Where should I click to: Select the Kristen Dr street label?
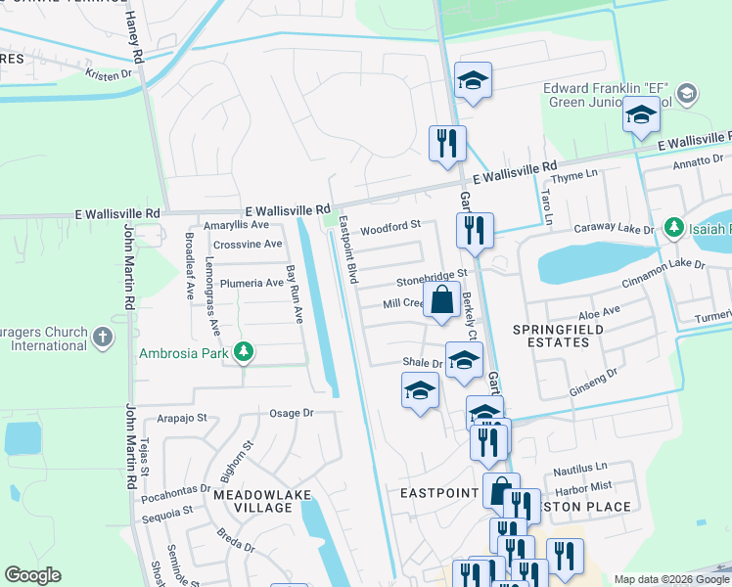coord(108,74)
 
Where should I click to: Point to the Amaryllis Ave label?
coord(235,225)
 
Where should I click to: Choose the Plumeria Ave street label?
coord(251,283)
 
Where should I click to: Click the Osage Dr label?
coord(291,414)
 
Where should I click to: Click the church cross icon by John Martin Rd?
coord(102,339)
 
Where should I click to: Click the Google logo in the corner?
coord(32,575)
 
